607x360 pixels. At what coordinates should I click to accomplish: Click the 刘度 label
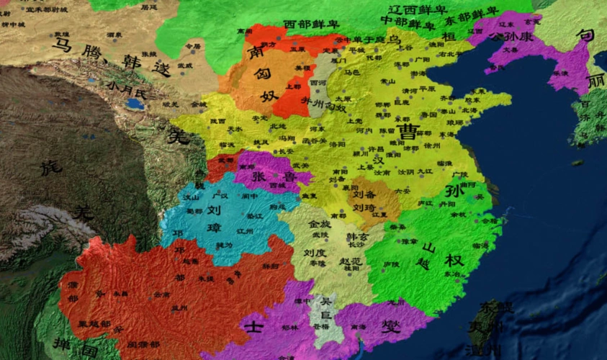point(315,253)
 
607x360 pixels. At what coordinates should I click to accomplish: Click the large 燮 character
point(391,325)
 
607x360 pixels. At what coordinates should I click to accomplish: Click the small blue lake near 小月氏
point(133,105)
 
